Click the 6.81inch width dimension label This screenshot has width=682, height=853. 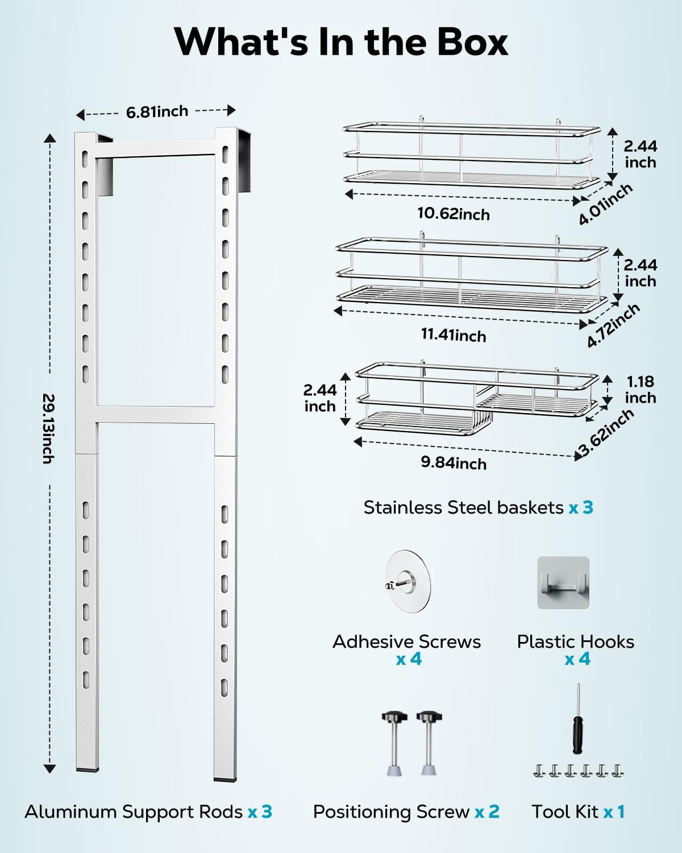click(x=157, y=111)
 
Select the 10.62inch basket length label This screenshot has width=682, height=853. click(x=453, y=214)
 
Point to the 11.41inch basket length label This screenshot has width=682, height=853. click(x=453, y=335)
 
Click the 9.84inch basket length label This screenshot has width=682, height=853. click(x=453, y=462)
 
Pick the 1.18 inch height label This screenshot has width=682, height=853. click(x=640, y=390)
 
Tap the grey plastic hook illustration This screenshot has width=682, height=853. click(x=563, y=582)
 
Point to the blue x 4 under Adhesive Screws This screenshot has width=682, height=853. click(x=409, y=660)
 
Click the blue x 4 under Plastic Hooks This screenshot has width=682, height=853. click(x=577, y=660)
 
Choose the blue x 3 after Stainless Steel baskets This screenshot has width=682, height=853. click(x=581, y=507)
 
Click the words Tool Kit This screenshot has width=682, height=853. click(x=565, y=811)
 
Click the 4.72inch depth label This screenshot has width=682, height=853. click(x=613, y=325)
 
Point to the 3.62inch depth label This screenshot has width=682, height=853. click(x=606, y=433)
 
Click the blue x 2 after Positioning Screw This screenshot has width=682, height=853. click(x=486, y=811)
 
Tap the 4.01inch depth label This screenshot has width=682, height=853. click(x=605, y=204)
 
